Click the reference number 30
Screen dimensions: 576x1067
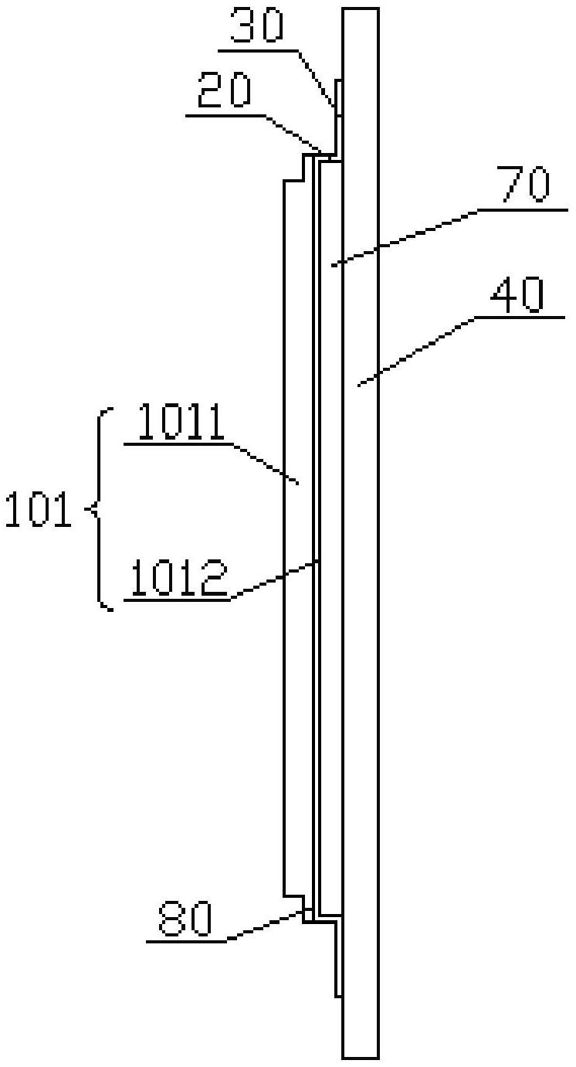258,25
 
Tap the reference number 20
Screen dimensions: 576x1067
224,90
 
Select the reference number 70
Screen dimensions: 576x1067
523,185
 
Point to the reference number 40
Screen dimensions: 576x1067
517,295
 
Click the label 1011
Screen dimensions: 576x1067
181,422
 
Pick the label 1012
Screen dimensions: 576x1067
179,578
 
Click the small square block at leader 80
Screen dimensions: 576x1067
309,915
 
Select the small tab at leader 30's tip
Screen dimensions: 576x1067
339,97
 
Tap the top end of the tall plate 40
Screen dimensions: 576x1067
361,8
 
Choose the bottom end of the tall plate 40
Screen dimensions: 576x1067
361,1058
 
